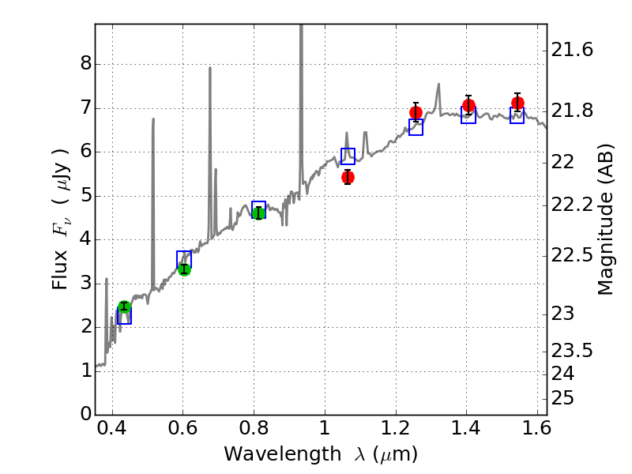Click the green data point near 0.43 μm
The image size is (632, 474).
click(123, 307)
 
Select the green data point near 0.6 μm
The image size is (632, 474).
click(184, 269)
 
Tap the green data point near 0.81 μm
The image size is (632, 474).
click(258, 213)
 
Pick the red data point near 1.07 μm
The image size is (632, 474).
click(348, 177)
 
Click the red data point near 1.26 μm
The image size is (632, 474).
click(416, 112)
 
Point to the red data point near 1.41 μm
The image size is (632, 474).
click(468, 105)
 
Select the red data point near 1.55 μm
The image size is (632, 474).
click(517, 103)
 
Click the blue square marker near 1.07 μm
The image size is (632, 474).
click(348, 156)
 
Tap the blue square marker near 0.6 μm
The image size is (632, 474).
click(184, 258)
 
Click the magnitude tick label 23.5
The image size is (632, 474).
click(573, 351)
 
